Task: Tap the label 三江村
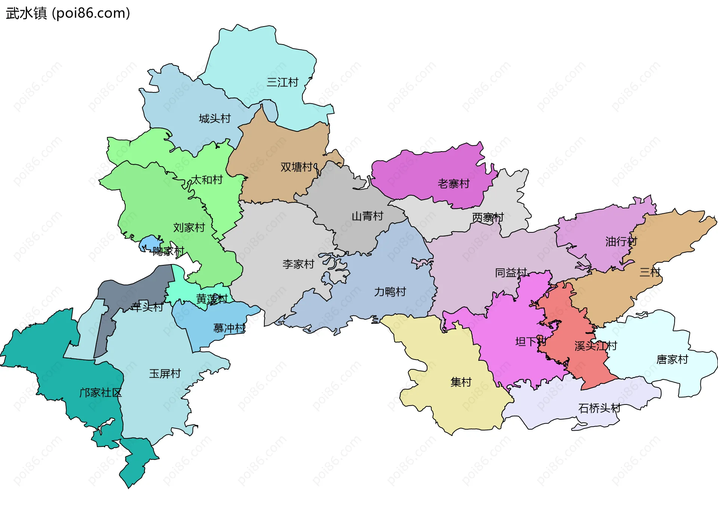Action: pyautogui.click(x=282, y=82)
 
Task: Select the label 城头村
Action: pyautogui.click(x=215, y=119)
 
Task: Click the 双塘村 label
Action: pyautogui.click(x=297, y=167)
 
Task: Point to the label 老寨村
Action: pyautogui.click(x=453, y=184)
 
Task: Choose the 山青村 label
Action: pyautogui.click(x=367, y=216)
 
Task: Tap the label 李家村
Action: pyautogui.click(x=298, y=264)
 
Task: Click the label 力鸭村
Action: pyautogui.click(x=390, y=292)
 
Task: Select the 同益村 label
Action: pyautogui.click(x=511, y=273)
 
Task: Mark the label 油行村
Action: pyautogui.click(x=621, y=241)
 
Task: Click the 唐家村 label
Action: pyautogui.click(x=672, y=360)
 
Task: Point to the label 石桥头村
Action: pyautogui.click(x=599, y=408)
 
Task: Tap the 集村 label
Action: pyautogui.click(x=461, y=382)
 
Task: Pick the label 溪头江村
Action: pyautogui.click(x=595, y=346)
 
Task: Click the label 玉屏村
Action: pyautogui.click(x=165, y=373)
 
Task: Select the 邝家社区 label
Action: pyautogui.click(x=100, y=393)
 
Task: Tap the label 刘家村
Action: pyautogui.click(x=189, y=228)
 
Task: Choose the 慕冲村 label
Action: pyautogui.click(x=229, y=328)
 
